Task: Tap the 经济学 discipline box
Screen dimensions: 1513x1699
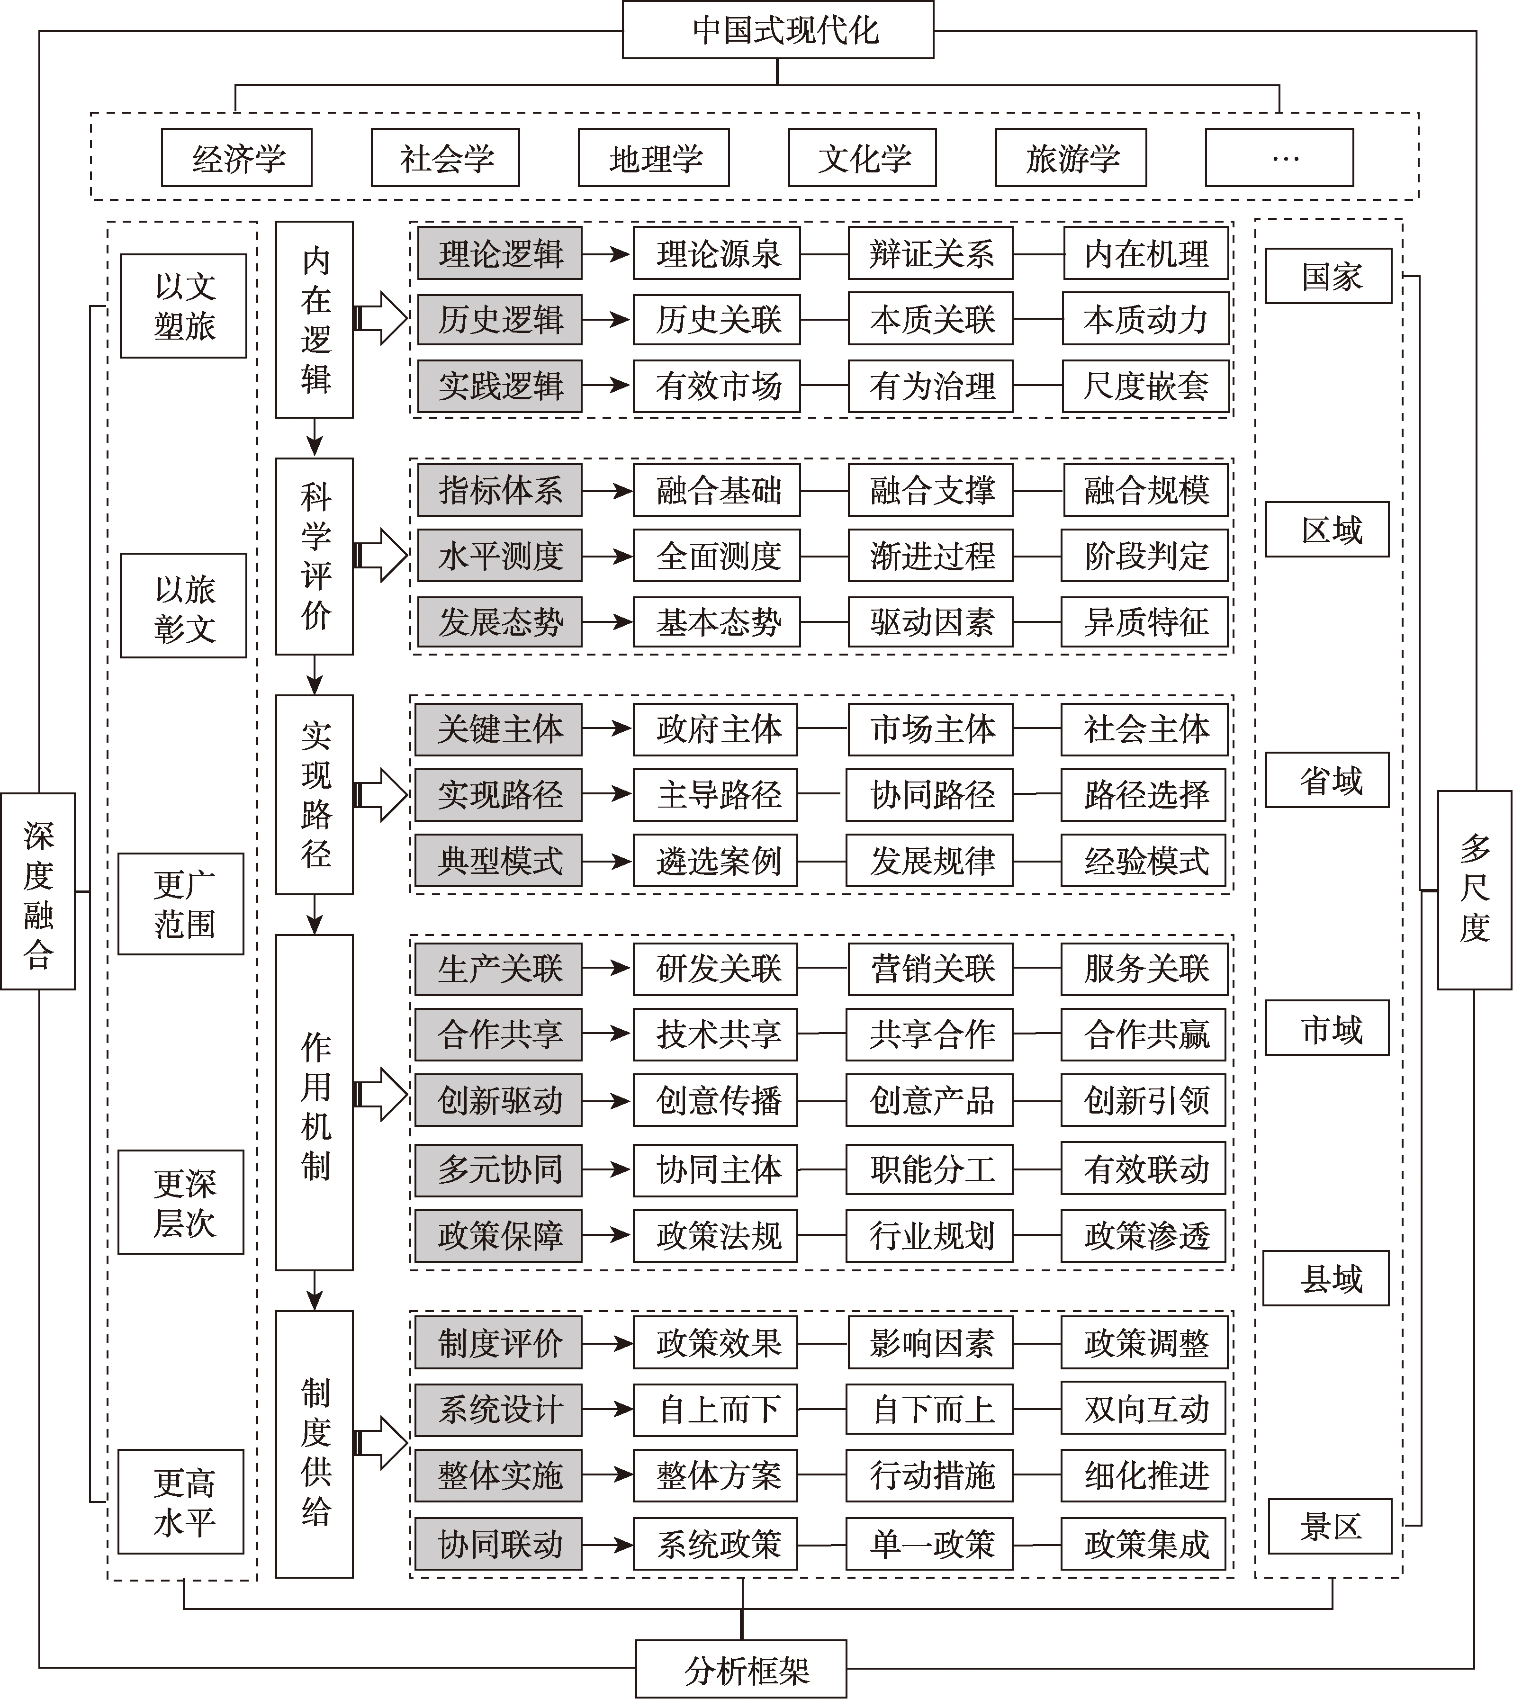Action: [237, 157]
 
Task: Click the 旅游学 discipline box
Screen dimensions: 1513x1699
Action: [1071, 157]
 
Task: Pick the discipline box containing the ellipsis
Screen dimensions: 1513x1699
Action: [1279, 157]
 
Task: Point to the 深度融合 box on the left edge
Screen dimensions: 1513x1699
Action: [38, 891]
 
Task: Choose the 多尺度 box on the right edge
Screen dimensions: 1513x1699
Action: [1475, 890]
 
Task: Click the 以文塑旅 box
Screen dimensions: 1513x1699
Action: [184, 306]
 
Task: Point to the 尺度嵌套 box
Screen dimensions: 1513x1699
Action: [1145, 386]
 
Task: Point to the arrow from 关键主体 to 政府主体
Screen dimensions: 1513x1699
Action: [607, 729]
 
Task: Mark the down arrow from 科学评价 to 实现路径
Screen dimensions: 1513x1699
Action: [314, 675]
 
